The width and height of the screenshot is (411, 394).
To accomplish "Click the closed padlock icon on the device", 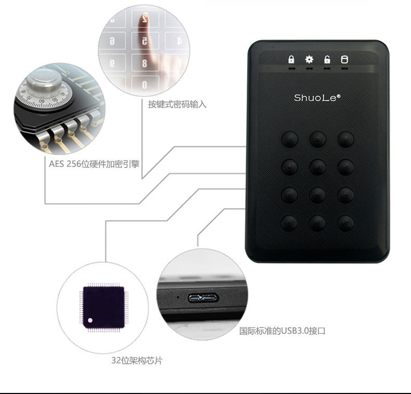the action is click(x=291, y=59).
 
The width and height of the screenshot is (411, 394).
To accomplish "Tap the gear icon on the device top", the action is click(x=309, y=59).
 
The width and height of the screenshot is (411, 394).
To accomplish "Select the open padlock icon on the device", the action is click(x=327, y=59).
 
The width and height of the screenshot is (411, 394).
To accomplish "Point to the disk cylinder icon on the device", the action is click(x=344, y=59).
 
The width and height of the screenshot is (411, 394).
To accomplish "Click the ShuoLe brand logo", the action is click(x=317, y=97).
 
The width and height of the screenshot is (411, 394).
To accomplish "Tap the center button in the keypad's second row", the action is click(x=317, y=167).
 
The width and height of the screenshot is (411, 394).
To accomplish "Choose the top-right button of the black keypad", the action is click(x=345, y=139).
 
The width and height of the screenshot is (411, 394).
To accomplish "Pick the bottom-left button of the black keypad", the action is click(x=289, y=223).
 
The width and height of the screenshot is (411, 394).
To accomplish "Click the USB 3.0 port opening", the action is click(x=203, y=298).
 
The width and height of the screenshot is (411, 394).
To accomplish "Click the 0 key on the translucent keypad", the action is click(x=144, y=84).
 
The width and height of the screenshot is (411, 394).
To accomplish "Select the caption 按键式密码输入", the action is click(x=177, y=104).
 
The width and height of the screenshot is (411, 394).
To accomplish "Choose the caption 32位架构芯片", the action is click(x=137, y=360).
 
